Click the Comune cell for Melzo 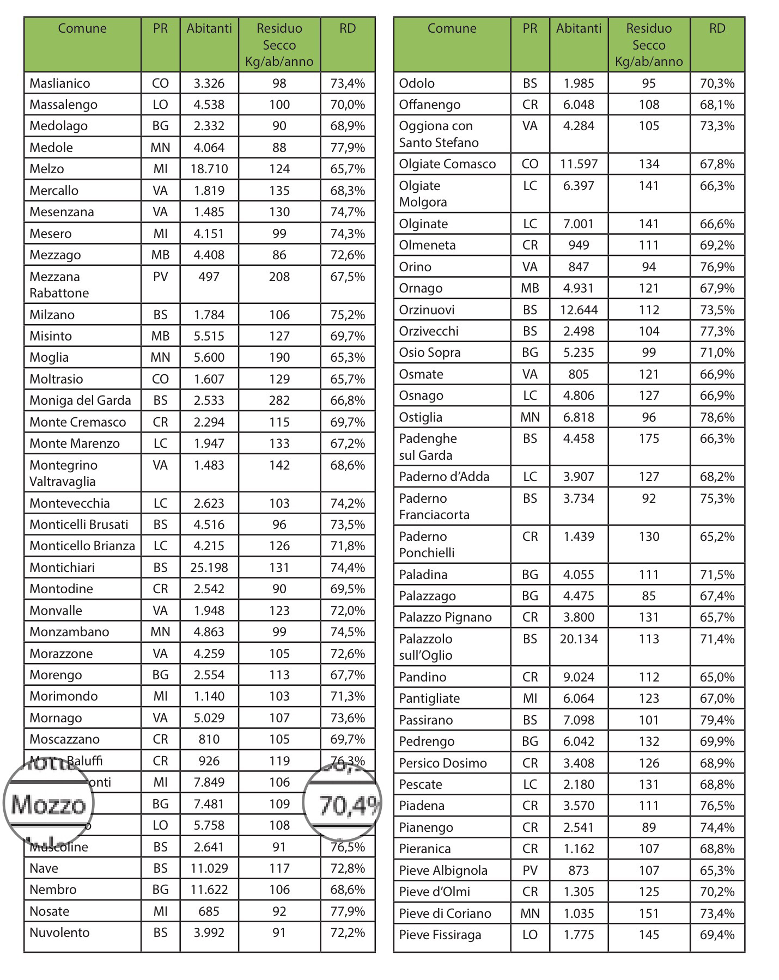point(47,169)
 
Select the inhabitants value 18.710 point(209,169)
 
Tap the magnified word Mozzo point(49,805)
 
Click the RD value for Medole point(348,148)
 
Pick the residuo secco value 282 point(279,400)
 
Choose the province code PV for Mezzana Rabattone point(160,277)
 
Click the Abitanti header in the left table point(209,28)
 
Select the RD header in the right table point(717,28)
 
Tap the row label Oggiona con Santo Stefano point(439,134)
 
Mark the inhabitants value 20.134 point(579,639)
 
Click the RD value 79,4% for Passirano point(717,720)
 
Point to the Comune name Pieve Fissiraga point(440,935)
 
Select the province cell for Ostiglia point(530,417)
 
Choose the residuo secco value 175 point(649,439)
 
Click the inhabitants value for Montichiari point(209,568)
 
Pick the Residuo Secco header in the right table point(649,45)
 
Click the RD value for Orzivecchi point(717,331)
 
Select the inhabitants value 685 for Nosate point(209,911)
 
